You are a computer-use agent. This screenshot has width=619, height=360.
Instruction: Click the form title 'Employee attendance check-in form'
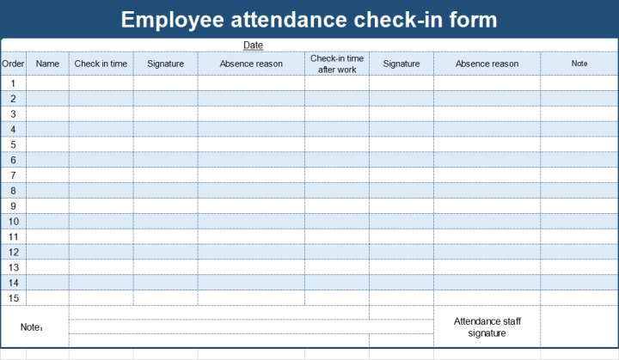pos(309,19)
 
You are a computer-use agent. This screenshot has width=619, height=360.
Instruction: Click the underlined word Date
pos(253,45)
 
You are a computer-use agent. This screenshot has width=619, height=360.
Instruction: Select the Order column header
pos(13,64)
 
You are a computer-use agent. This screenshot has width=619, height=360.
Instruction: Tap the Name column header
pos(47,64)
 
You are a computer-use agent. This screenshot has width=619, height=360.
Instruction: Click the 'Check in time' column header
pos(101,64)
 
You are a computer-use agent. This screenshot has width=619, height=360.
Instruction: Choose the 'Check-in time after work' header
pos(336,64)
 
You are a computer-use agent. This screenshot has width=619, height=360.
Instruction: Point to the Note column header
pos(579,64)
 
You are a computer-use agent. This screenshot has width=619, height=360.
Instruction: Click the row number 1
pos(13,83)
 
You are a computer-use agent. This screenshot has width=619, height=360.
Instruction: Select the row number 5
pos(13,144)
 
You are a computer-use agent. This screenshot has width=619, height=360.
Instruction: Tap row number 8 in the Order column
pos(13,191)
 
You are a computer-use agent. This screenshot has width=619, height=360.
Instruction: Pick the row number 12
pos(13,252)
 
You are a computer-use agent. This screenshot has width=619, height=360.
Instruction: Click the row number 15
pos(13,298)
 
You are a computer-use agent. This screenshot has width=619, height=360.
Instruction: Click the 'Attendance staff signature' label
pos(487,326)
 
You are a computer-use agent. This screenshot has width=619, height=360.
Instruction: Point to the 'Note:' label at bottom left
pos(32,327)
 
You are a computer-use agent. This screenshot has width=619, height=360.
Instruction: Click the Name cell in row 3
pos(47,114)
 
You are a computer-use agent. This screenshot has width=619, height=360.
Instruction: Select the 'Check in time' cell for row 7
pos(101,175)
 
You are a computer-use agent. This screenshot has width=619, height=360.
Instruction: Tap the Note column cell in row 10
pos(579,222)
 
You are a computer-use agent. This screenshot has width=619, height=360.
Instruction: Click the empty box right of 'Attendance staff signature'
pos(579,326)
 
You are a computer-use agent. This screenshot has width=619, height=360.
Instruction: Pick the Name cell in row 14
pos(47,283)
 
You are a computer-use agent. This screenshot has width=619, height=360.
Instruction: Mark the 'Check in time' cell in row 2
pos(101,99)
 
